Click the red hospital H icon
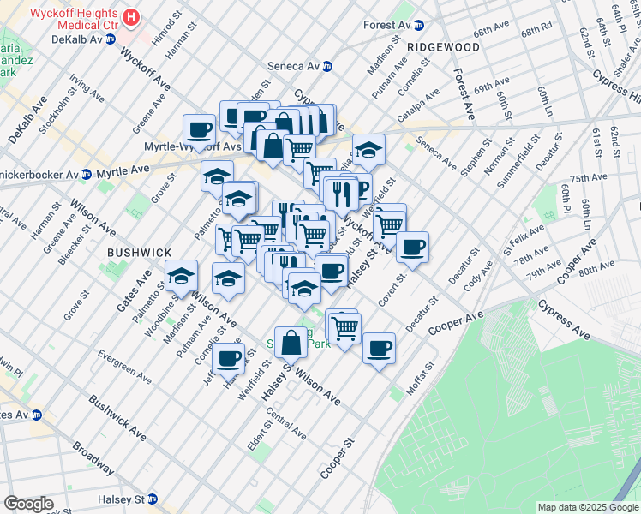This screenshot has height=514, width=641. [x=130, y=16]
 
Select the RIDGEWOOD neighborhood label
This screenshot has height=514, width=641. [x=443, y=46]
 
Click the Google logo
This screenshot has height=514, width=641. [x=29, y=504]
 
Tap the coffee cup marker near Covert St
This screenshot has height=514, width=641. [x=411, y=248]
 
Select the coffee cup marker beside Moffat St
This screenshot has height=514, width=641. [x=379, y=349]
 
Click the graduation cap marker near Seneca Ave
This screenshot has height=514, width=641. [x=368, y=150]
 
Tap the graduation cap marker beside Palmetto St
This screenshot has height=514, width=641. [x=181, y=276]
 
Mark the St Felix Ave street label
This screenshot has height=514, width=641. [x=524, y=233]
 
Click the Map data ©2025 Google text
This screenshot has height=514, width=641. [x=587, y=507]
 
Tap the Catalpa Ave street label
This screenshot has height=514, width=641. [x=417, y=105]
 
